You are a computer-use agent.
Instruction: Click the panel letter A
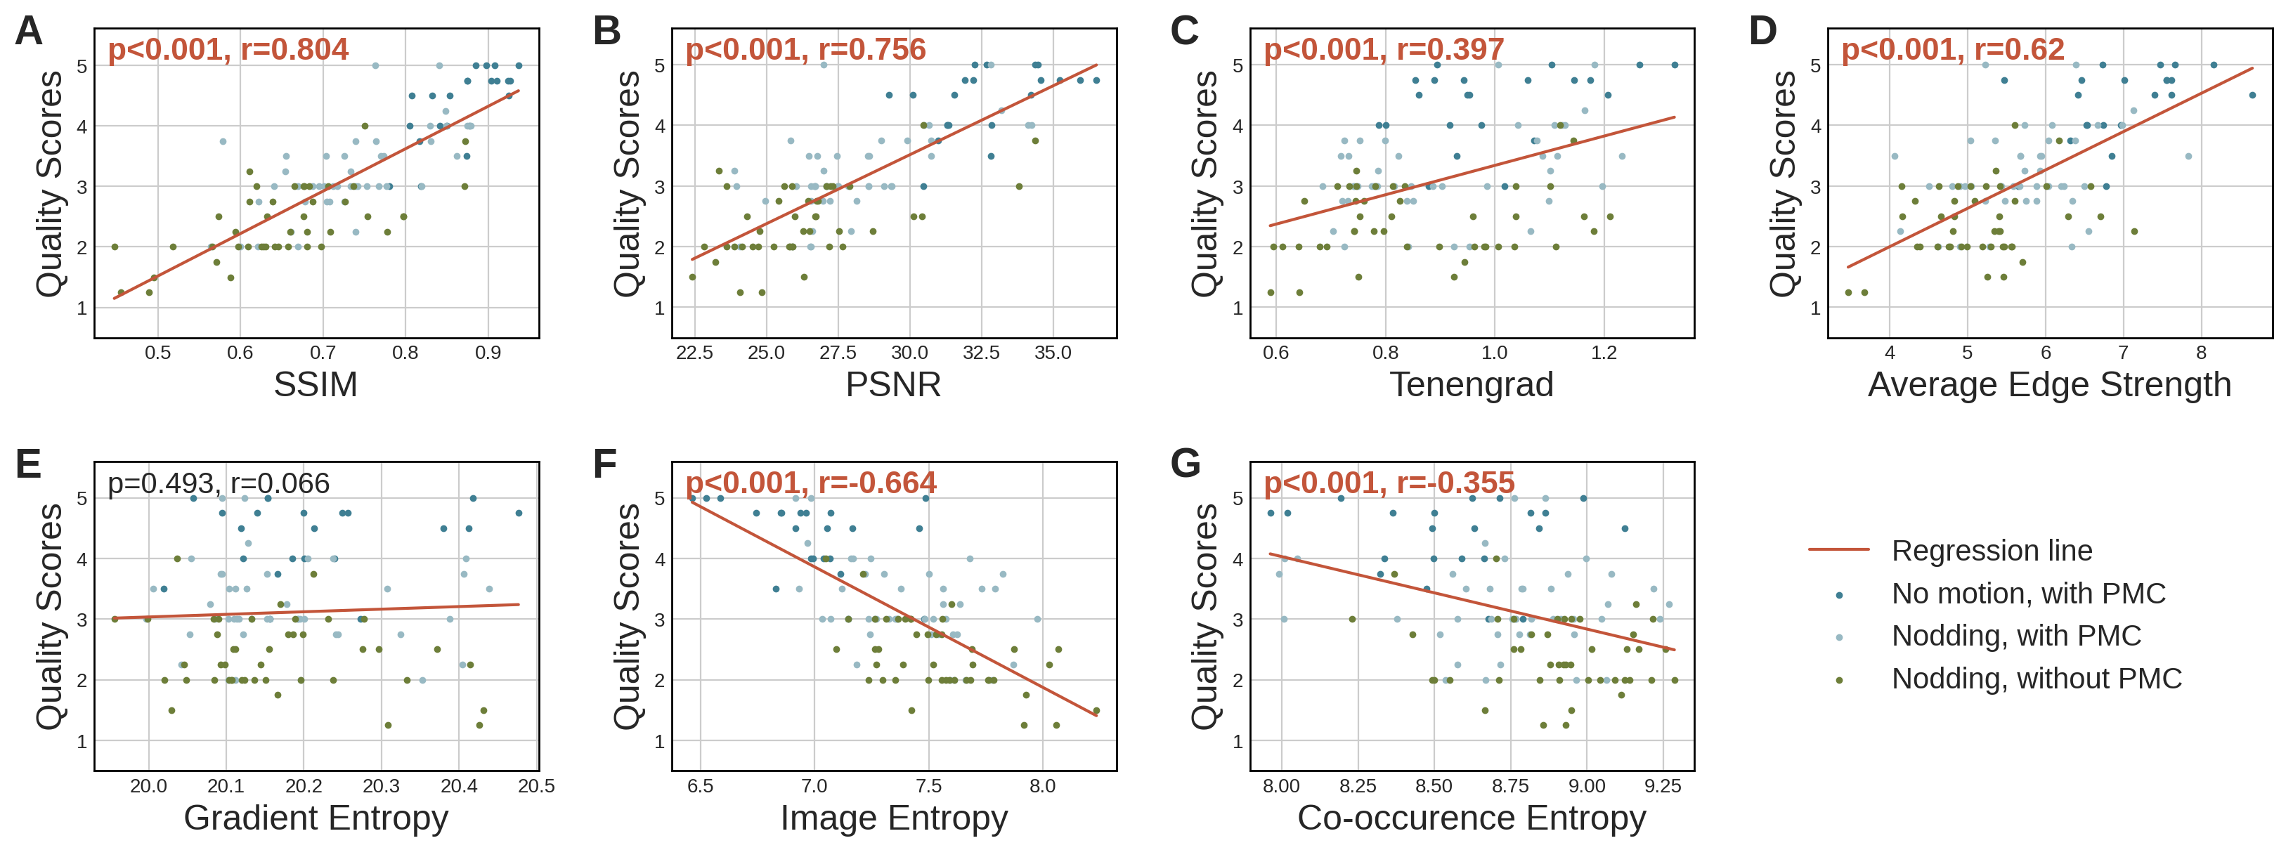tap(28, 32)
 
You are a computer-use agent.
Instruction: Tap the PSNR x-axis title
tap(892, 385)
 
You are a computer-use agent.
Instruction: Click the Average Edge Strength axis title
tap(2049, 385)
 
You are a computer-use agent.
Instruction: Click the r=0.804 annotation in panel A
tap(228, 50)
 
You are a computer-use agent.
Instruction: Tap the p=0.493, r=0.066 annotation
tap(219, 483)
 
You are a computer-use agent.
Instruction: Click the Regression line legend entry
tap(1992, 551)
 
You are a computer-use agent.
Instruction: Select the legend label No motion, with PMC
tap(2028, 594)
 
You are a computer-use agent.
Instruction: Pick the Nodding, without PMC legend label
tap(2036, 679)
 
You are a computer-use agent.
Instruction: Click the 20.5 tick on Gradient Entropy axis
tap(536, 786)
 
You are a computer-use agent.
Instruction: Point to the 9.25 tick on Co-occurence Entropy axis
tap(1662, 786)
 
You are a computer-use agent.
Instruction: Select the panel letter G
tap(1186, 464)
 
